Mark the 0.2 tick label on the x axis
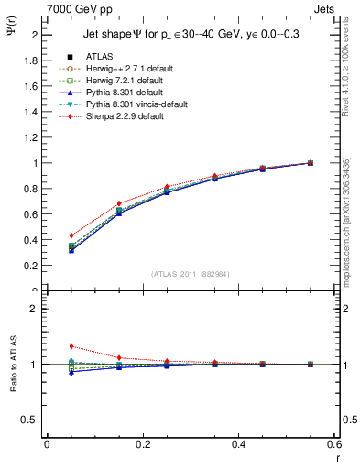click(x=142, y=444)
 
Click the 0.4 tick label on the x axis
click(x=239, y=444)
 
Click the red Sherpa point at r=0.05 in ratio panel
click(x=46, y=346)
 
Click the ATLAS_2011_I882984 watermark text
click(x=191, y=273)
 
